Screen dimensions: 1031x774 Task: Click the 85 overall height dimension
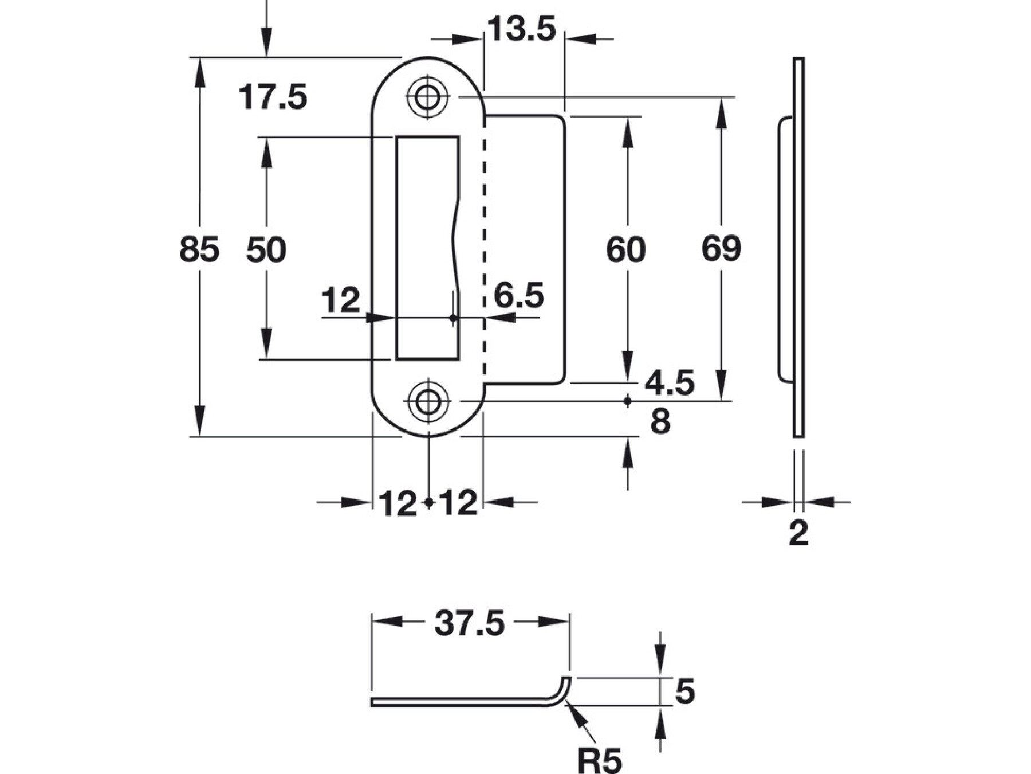[199, 249]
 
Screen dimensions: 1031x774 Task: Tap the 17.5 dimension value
[273, 96]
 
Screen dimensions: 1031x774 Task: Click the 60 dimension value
[626, 249]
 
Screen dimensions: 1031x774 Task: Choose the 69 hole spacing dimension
[721, 248]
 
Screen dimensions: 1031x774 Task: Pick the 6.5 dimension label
[519, 296]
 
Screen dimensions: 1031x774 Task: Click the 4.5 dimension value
[670, 382]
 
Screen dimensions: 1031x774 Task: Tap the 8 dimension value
[660, 422]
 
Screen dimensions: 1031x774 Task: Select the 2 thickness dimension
[798, 533]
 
